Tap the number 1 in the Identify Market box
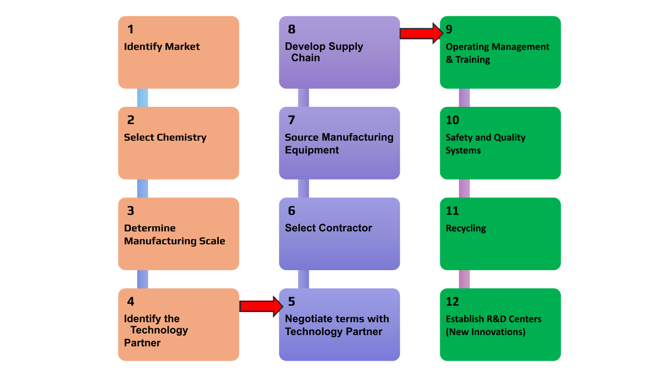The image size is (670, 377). pyautogui.click(x=130, y=29)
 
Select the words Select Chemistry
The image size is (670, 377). pyautogui.click(x=165, y=138)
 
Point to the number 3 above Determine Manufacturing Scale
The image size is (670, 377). pyautogui.click(x=130, y=211)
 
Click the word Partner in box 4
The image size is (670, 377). pyautogui.click(x=142, y=343)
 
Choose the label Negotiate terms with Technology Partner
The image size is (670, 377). pyautogui.click(x=337, y=325)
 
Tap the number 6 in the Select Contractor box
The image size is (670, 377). pyautogui.click(x=292, y=211)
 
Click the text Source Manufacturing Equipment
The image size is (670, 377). pyautogui.click(x=339, y=143)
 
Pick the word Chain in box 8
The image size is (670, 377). pyautogui.click(x=306, y=58)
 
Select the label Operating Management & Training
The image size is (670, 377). pyautogui.click(x=497, y=53)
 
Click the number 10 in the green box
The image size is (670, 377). pyautogui.click(x=452, y=120)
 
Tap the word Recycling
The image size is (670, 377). pyautogui.click(x=466, y=228)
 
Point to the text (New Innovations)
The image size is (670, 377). pyautogui.click(x=485, y=332)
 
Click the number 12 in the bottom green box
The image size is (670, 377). pyautogui.click(x=452, y=302)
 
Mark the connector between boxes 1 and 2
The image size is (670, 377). pyautogui.click(x=142, y=98)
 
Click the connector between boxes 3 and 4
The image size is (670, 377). pyautogui.click(x=142, y=279)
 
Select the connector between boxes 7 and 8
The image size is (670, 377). pyautogui.click(x=304, y=98)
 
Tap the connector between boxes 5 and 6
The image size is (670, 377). pyautogui.click(x=304, y=279)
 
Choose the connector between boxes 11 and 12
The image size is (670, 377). pyautogui.click(x=464, y=279)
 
